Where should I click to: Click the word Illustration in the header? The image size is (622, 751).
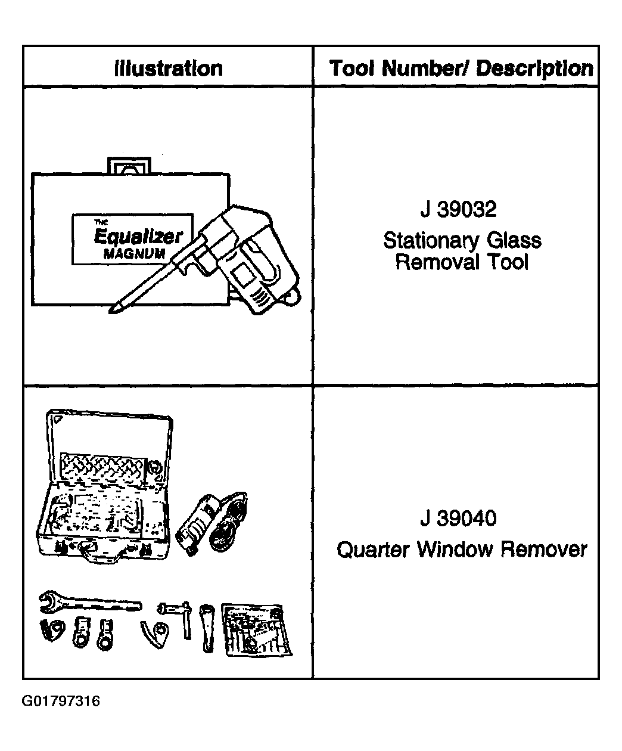pyautogui.click(x=169, y=69)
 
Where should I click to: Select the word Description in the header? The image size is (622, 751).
pyautogui.click(x=534, y=69)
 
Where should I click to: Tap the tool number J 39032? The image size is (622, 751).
pyautogui.click(x=458, y=209)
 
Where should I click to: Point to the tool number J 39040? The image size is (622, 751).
pyautogui.click(x=458, y=519)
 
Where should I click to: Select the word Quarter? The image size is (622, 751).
pyautogui.click(x=373, y=550)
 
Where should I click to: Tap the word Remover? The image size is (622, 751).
pyautogui.click(x=544, y=550)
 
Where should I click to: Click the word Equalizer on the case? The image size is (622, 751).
pyautogui.click(x=138, y=237)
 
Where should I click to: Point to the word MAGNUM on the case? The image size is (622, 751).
pyautogui.click(x=135, y=254)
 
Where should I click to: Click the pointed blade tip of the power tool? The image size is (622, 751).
pyautogui.click(x=111, y=312)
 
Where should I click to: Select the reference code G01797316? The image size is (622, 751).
pyautogui.click(x=61, y=701)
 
